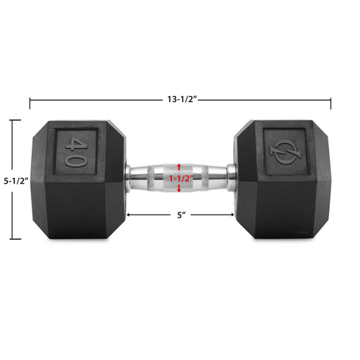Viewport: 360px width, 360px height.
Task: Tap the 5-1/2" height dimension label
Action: click(14, 180)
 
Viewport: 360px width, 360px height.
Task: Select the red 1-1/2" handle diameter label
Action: click(180, 179)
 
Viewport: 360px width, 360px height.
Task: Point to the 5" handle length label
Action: click(180, 215)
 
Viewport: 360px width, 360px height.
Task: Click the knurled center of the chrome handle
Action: click(180, 179)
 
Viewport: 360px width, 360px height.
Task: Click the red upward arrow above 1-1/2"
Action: click(180, 166)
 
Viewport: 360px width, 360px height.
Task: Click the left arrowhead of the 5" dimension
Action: click(130, 215)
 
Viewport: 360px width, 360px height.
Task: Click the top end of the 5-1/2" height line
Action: click(14, 120)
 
